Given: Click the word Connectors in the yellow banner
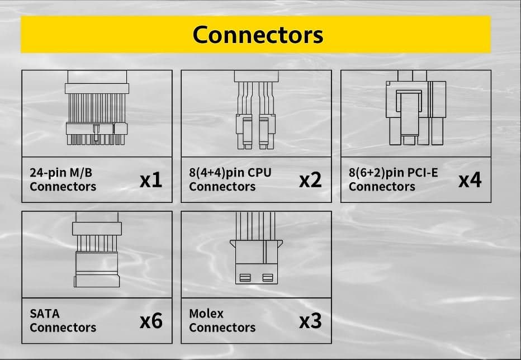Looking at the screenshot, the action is [258, 35].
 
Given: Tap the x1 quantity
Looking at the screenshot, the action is [151, 180].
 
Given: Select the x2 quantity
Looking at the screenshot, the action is [310, 180].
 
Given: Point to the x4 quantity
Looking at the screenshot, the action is [470, 180].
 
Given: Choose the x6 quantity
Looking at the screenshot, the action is [151, 321].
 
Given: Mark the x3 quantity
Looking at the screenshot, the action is [310, 321].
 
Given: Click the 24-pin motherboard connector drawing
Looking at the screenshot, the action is [96, 108].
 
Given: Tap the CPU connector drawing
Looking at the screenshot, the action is [256, 110].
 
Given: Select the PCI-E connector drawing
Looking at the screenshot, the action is [416, 108].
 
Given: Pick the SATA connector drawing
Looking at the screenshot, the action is [97, 250].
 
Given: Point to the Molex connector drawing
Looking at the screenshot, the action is [256, 248].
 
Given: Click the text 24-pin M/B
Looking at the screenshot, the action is [61, 173].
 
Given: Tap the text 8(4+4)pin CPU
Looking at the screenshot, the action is [230, 173].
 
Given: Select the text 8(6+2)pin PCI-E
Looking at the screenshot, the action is [393, 173].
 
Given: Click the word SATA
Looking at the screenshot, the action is [45, 314].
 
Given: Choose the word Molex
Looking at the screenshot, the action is [206, 314].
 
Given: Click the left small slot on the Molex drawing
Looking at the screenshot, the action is [245, 278].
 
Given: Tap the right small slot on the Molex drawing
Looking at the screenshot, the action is [267, 278].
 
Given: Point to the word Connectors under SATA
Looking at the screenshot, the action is [63, 328].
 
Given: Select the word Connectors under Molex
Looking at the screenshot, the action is [222, 328].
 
